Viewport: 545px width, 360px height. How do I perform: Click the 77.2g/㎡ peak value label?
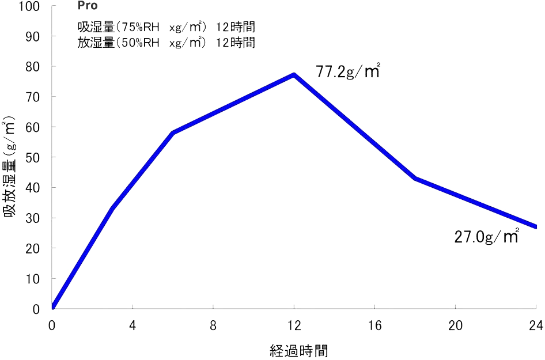(348, 72)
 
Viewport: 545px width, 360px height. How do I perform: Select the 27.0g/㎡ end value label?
(487, 237)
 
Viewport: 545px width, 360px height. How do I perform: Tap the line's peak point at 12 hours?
(294, 74)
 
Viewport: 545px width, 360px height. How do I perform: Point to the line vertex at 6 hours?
(173, 132)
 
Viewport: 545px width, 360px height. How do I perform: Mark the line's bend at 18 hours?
(415, 178)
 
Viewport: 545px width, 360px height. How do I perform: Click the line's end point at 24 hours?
(535, 226)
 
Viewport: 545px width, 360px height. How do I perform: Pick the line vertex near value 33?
(112, 208)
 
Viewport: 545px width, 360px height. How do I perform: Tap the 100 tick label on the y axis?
(29, 7)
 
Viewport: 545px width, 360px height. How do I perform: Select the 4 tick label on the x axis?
(133, 326)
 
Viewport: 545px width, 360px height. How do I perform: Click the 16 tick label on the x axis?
(374, 326)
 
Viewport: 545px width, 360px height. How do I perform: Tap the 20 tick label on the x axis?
(455, 326)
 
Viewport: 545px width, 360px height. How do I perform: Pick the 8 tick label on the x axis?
(213, 326)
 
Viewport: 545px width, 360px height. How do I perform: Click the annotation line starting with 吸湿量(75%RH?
(166, 27)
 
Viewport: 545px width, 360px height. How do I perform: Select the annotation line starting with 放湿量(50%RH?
(166, 42)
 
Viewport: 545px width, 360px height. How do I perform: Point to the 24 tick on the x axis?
(536, 326)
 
